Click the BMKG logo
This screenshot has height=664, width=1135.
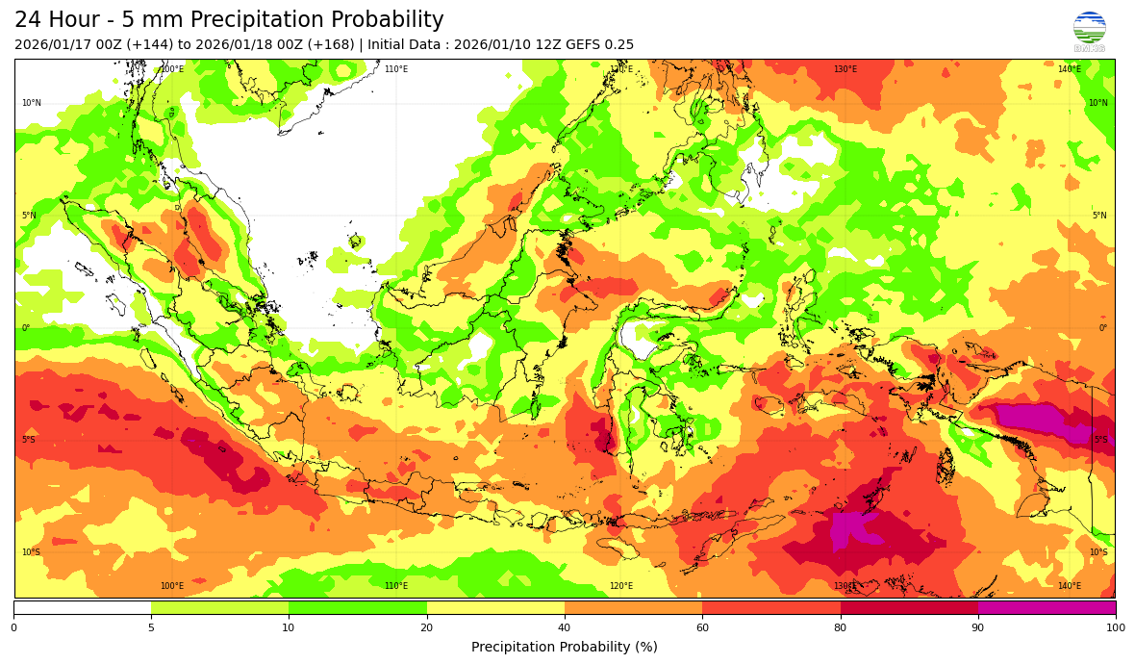[1089, 31]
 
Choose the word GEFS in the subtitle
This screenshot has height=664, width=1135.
[580, 44]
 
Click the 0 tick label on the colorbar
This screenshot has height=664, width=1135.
[13, 628]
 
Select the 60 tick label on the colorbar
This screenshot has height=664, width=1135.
[702, 628]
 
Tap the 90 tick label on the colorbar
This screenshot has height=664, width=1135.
[978, 628]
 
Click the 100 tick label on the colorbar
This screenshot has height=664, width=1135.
[1115, 628]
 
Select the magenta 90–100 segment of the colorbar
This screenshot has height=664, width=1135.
[1047, 607]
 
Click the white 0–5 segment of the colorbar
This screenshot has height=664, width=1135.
[82, 607]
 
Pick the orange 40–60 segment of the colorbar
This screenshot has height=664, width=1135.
[633, 607]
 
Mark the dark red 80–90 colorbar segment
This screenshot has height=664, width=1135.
[909, 607]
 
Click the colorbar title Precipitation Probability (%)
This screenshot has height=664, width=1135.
[565, 647]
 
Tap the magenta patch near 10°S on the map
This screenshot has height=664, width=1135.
[850, 528]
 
